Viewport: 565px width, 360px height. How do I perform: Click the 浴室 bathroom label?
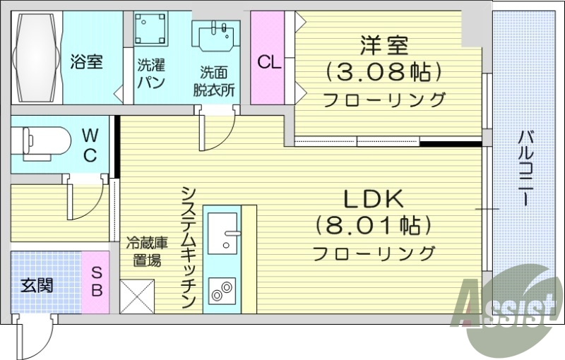click(86, 61)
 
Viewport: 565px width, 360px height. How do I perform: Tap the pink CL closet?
click(268, 62)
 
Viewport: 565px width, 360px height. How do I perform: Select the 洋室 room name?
click(384, 47)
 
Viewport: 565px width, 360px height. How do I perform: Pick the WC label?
click(90, 145)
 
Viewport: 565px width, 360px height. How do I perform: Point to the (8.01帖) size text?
click(373, 225)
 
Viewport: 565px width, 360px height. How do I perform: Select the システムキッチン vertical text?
click(187, 247)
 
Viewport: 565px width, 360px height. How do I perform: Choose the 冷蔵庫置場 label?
click(143, 250)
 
